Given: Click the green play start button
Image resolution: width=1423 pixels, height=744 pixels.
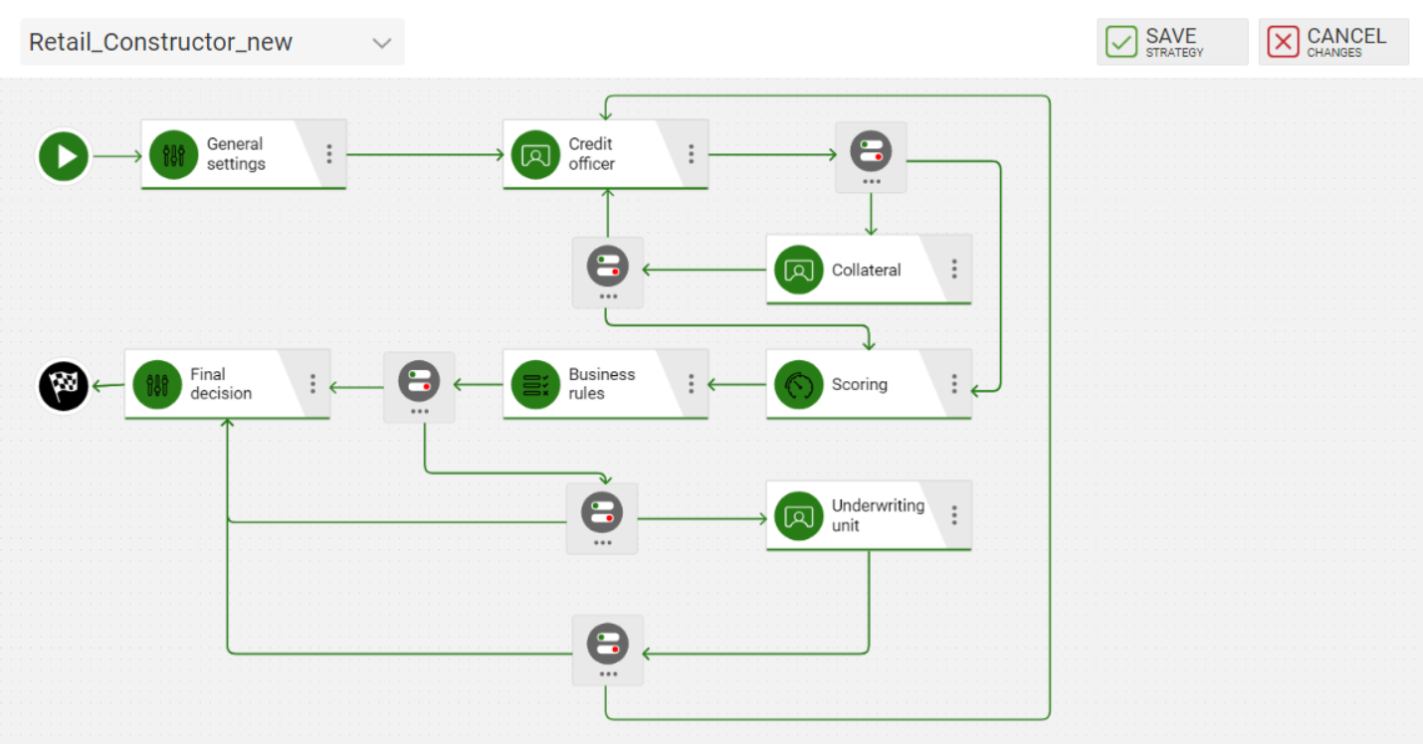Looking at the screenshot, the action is [64, 156].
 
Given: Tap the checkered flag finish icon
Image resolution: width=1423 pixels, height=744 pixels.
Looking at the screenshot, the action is [64, 385].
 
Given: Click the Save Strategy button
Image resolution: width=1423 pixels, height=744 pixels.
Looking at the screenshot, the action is [1172, 42].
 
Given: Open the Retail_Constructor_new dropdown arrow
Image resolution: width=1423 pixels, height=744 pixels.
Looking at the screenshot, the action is [382, 43].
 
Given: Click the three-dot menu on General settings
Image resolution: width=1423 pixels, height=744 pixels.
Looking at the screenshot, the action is [329, 154].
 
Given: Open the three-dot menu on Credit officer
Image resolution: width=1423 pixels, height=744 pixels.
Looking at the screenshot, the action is [692, 154].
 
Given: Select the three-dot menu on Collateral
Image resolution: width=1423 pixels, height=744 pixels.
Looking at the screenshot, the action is [954, 270].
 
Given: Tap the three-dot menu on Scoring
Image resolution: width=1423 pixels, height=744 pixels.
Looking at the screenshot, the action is [954, 384].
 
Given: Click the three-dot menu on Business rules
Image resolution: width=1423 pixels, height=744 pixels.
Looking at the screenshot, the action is [692, 384].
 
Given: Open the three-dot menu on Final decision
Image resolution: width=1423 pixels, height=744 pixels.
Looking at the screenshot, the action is [312, 384].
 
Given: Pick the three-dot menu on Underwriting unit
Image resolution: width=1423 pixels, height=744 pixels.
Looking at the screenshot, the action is [954, 515].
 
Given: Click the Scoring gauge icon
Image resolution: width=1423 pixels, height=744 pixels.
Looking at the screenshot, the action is [798, 385].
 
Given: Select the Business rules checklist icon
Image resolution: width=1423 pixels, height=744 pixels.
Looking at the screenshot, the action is [535, 385].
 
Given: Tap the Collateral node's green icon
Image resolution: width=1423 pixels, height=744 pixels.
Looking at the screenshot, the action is [798, 270].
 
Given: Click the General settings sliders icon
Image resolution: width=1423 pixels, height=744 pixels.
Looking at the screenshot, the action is [173, 155].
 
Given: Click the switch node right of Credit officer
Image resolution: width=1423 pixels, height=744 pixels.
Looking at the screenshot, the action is [871, 157].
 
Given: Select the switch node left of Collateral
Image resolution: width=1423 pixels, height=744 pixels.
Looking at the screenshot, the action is [608, 273].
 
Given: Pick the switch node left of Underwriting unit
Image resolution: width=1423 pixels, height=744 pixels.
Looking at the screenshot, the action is [602, 518].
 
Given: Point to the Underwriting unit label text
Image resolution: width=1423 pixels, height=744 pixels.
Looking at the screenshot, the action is [878, 515].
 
